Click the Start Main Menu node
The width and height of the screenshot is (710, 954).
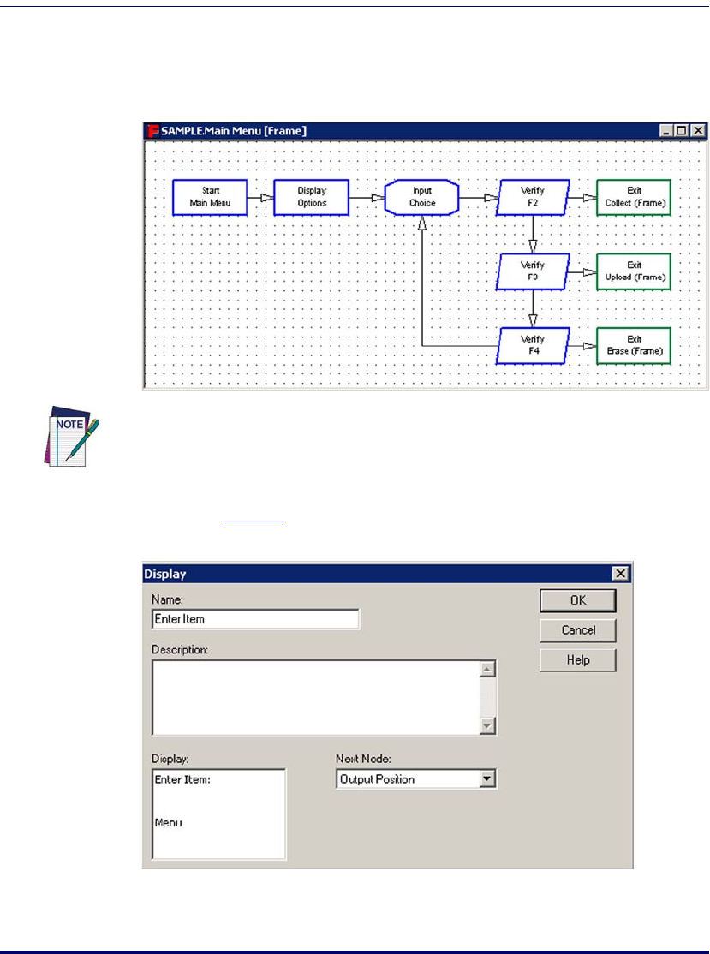point(210,197)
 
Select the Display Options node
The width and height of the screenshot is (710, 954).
point(312,197)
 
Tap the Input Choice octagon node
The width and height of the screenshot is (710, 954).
point(422,197)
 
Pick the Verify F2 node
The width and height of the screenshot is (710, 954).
point(533,197)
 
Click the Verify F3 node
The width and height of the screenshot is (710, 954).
point(533,271)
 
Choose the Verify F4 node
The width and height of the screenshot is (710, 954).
point(533,346)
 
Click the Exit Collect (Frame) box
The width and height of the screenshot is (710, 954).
point(634,197)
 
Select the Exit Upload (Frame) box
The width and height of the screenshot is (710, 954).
point(634,271)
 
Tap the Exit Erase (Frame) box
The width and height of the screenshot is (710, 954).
point(634,346)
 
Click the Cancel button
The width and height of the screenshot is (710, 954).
point(578,630)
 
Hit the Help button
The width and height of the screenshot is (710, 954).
point(578,660)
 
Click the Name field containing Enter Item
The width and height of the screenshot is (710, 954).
point(255,618)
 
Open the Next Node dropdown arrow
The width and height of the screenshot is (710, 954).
point(487,779)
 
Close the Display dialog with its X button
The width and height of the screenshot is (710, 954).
point(620,574)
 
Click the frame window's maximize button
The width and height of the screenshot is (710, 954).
point(682,131)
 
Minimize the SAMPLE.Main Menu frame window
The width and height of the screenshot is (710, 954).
point(666,131)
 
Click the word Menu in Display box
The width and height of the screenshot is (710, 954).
point(169,822)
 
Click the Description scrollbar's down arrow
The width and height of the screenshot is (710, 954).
point(488,725)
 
